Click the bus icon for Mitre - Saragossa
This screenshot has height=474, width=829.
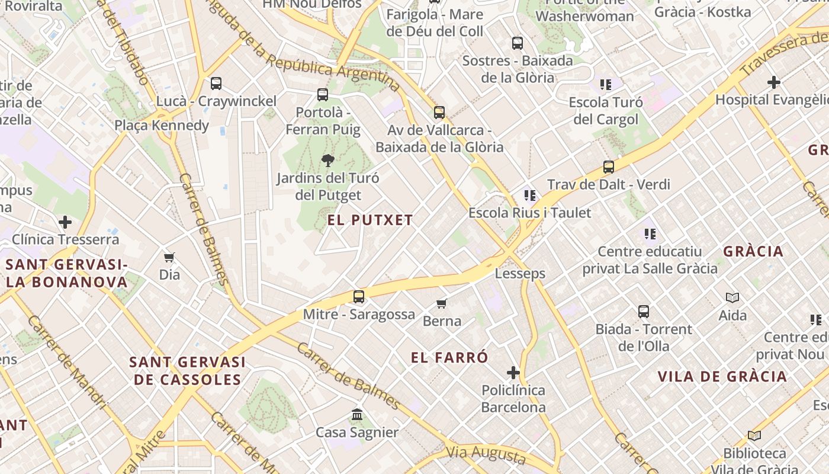pyautogui.click(x=358, y=297)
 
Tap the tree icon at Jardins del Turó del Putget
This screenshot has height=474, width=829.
pyautogui.click(x=327, y=160)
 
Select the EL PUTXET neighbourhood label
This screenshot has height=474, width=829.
pyautogui.click(x=370, y=220)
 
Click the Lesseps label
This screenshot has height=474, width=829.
pyautogui.click(x=520, y=274)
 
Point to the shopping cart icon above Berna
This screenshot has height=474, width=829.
pyautogui.click(x=441, y=304)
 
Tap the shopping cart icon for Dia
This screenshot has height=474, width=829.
pyautogui.click(x=169, y=257)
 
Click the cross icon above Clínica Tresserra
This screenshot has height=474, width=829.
pyautogui.click(x=65, y=223)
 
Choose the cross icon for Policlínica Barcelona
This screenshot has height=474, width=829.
pyautogui.click(x=513, y=373)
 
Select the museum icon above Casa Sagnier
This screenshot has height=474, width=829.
pyautogui.click(x=357, y=415)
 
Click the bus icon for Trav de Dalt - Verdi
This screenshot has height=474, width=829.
pyautogui.click(x=609, y=167)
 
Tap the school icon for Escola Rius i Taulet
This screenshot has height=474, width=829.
pyautogui.click(x=529, y=195)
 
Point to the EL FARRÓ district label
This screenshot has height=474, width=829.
pyautogui.click(x=450, y=357)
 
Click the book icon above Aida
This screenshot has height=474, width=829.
pyautogui.click(x=732, y=297)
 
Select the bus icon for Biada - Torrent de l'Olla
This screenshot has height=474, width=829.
pyautogui.click(x=644, y=311)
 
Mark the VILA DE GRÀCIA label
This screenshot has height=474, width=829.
pyautogui.click(x=722, y=376)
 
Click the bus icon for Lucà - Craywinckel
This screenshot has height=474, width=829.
pyautogui.click(x=216, y=84)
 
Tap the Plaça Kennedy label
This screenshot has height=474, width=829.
pyautogui.click(x=162, y=125)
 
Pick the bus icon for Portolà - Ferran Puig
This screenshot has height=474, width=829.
pyautogui.click(x=323, y=94)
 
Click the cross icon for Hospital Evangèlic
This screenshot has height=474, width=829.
pyautogui.click(x=774, y=82)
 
